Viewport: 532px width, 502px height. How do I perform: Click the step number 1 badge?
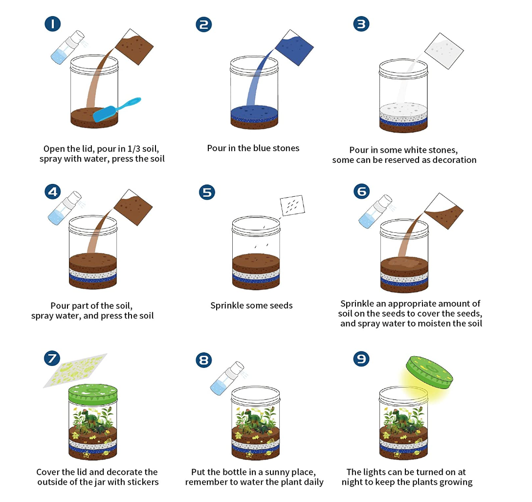[x=53, y=24]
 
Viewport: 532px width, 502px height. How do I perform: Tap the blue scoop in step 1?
[x=117, y=109]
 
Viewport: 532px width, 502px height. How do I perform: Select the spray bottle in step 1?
[x=67, y=47]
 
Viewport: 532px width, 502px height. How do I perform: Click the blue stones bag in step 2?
[x=294, y=47]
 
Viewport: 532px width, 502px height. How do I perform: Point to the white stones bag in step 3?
[x=444, y=51]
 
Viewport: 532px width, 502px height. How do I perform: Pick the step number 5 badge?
[x=207, y=192]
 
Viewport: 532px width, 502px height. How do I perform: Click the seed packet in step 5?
[x=292, y=205]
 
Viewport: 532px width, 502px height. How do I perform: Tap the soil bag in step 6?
[x=444, y=211]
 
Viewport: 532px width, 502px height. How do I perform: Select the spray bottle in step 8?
[x=227, y=378]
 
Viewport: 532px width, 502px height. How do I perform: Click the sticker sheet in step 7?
[x=75, y=370]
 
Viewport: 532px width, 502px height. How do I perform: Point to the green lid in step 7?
[x=93, y=394]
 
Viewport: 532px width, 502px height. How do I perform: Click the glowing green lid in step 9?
[x=429, y=372]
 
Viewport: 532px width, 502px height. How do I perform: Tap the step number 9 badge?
[x=361, y=359]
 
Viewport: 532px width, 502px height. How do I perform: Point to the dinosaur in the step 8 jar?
[x=255, y=418]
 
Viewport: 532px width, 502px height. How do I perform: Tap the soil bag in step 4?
[x=133, y=207]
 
